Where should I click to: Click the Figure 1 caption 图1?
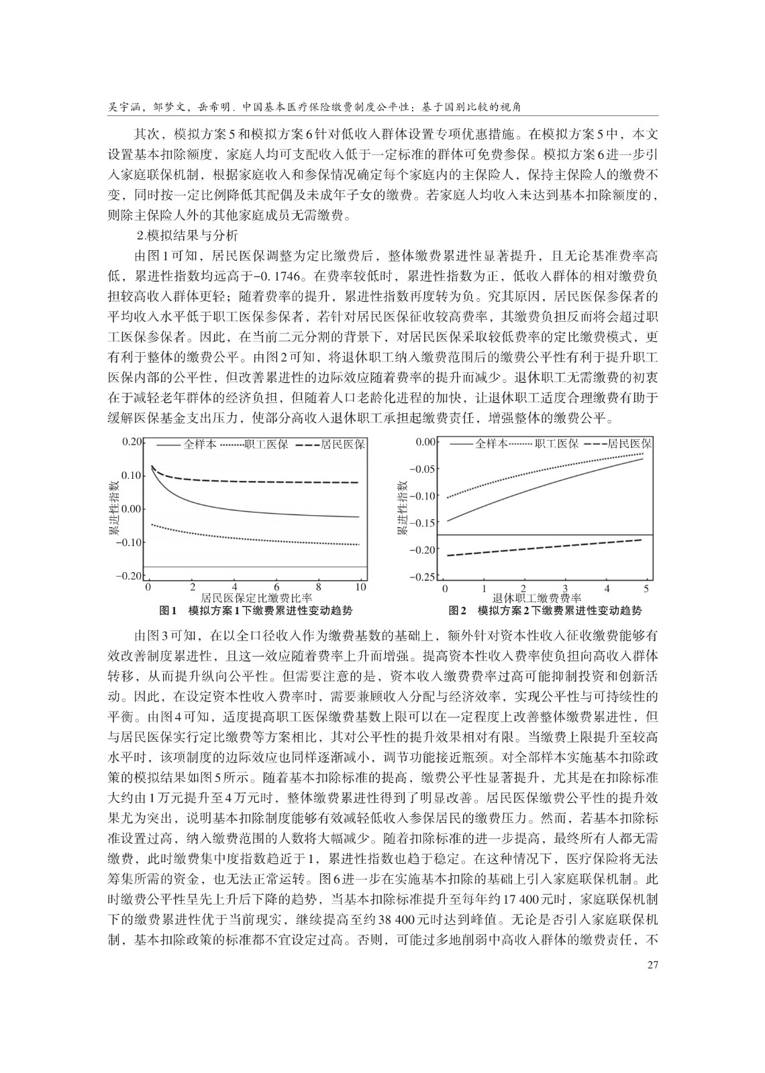tap(167, 611)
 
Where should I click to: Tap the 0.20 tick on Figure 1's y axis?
tap(134, 442)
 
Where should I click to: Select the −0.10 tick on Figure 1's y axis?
tap(131, 542)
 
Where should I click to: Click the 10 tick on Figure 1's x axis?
tap(360, 587)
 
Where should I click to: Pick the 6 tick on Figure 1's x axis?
tap(275, 587)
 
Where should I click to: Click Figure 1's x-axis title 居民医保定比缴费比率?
tap(256, 598)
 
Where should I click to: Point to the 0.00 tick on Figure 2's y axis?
tap(425, 442)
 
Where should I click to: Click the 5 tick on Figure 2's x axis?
tap(646, 589)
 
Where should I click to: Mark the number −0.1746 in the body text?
tap(283, 275)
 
